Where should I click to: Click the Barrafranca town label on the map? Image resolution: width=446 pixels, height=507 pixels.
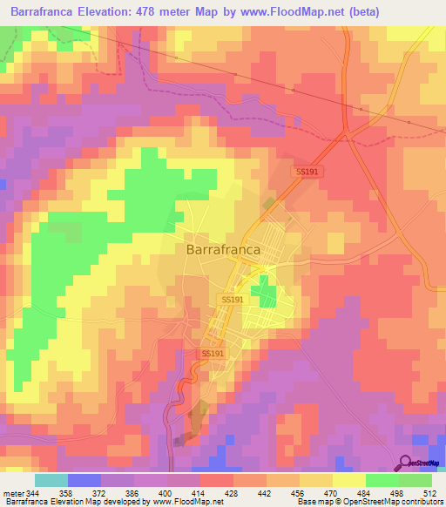point(222,248)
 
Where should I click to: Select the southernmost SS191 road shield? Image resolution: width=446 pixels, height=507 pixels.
point(212,354)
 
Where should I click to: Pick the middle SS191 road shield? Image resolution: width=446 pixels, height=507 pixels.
point(229,299)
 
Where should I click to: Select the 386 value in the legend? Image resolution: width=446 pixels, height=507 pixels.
point(132,493)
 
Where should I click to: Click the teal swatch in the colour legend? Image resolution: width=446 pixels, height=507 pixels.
point(51,480)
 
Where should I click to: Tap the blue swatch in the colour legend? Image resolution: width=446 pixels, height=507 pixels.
point(84,480)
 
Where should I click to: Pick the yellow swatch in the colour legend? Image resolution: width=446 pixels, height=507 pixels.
point(348,480)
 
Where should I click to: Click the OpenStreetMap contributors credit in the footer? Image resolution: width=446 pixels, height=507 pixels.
point(397,503)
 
